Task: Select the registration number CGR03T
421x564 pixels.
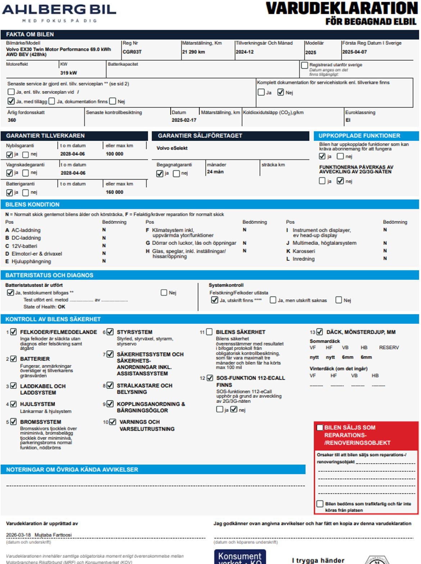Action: point(132,52)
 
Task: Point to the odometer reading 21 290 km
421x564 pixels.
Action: point(193,52)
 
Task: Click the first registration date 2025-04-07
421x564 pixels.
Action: point(354,52)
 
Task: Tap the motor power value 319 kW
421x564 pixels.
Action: point(68,73)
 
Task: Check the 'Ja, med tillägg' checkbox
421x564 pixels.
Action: point(11,101)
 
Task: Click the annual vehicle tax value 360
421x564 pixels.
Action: point(12,120)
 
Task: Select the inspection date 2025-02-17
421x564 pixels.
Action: point(184,120)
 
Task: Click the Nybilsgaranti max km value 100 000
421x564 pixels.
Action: point(114,154)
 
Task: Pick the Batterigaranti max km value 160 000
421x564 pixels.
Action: point(114,192)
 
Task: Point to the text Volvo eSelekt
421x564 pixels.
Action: point(172,148)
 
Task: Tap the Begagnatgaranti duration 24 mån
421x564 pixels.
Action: point(215,172)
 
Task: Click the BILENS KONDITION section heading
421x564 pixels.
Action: point(32,204)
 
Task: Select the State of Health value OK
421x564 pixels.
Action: point(62,307)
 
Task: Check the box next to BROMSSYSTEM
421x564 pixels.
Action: point(13,422)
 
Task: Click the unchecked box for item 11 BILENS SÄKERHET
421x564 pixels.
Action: point(209,332)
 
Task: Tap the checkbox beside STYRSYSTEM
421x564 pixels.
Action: point(110,332)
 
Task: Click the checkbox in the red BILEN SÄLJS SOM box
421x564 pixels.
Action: point(320,427)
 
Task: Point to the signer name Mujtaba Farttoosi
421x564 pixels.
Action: point(53,535)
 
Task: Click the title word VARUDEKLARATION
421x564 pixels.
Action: point(341,9)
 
